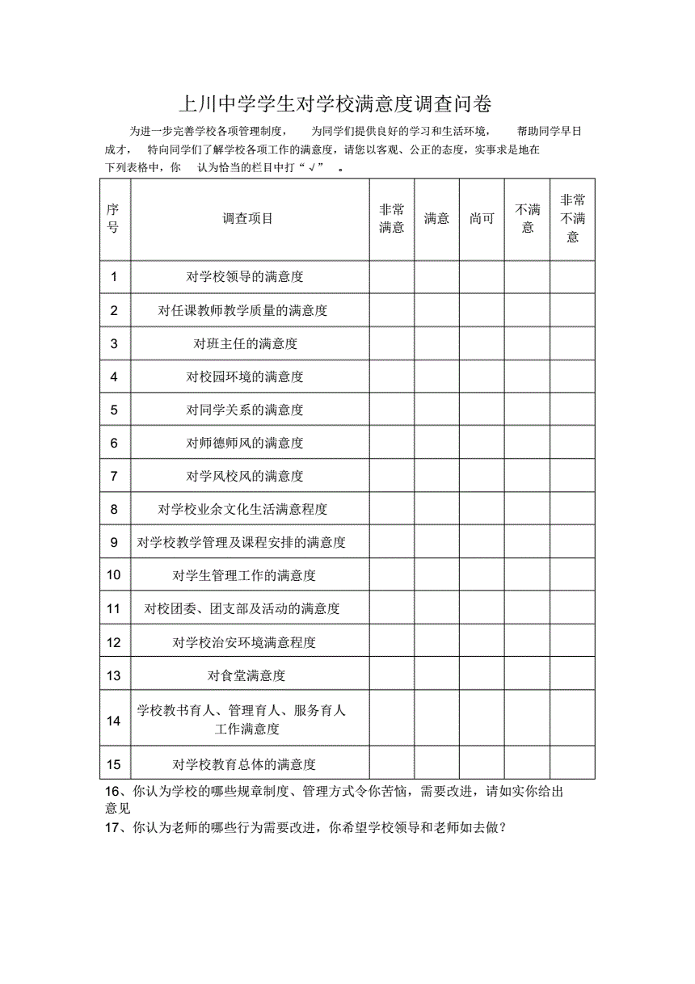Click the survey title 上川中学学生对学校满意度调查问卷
point(335,105)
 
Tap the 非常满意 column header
point(392,219)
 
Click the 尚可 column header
point(482,219)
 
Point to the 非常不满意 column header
point(573,218)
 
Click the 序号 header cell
point(113,219)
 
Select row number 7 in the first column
point(114,476)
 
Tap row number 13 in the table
point(113,675)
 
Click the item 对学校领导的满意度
point(245,277)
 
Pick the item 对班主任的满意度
point(246,343)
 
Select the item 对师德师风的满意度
point(245,443)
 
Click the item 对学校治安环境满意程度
point(244,642)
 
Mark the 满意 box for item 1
point(437,277)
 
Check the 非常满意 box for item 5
point(392,410)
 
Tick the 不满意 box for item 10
point(528,575)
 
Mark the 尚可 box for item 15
point(482,763)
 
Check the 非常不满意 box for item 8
point(573,509)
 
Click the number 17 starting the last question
point(114,828)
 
